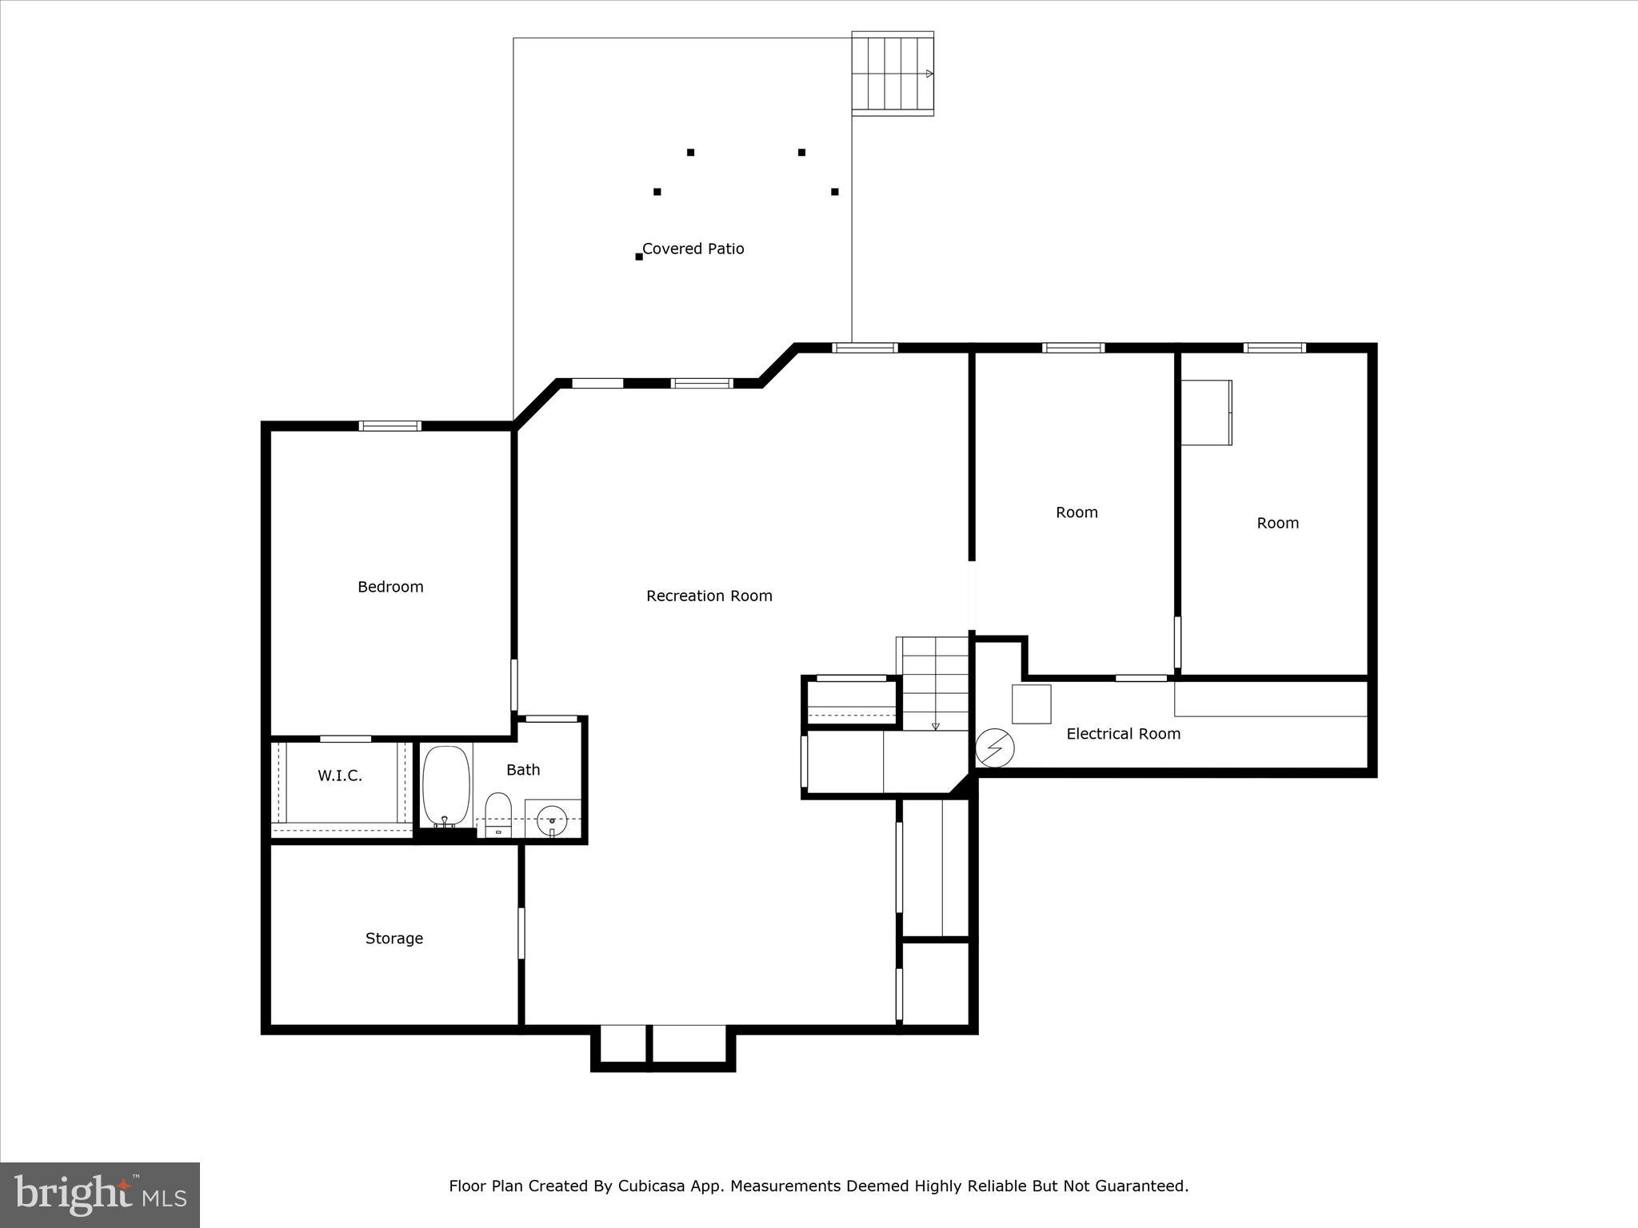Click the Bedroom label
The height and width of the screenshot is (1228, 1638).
pos(390,587)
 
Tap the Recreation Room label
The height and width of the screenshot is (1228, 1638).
pos(709,596)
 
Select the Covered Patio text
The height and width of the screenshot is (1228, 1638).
pos(693,249)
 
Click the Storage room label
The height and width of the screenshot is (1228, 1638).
pos(394,939)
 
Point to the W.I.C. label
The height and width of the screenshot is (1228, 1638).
pos(340,775)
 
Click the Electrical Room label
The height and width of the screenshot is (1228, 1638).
pos(1123,734)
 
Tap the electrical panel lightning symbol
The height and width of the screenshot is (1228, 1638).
pos(995,748)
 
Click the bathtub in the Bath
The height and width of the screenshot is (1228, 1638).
pos(445,785)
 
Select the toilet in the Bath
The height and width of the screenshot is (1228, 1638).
pos(498,814)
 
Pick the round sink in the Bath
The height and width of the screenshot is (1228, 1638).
pos(552,819)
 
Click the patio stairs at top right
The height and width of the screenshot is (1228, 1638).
pos(892,74)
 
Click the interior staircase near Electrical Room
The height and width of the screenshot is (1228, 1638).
pos(934,684)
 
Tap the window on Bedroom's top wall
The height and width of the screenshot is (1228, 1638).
pos(390,426)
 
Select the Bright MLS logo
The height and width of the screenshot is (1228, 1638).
pos(100,1194)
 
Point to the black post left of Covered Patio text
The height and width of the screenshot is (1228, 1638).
pos(638,257)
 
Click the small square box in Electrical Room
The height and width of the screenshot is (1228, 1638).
pos(1031,704)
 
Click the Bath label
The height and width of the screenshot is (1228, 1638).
pos(523,770)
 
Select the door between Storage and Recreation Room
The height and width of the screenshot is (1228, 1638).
pos(521,932)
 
